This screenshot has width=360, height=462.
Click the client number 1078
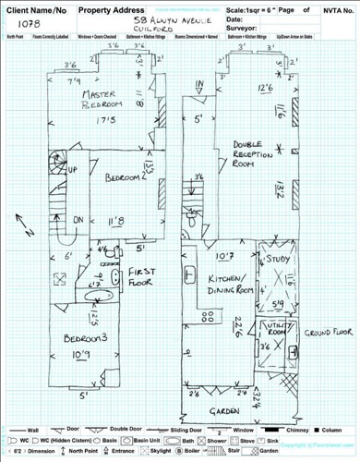pyautogui.click(x=30, y=30)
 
